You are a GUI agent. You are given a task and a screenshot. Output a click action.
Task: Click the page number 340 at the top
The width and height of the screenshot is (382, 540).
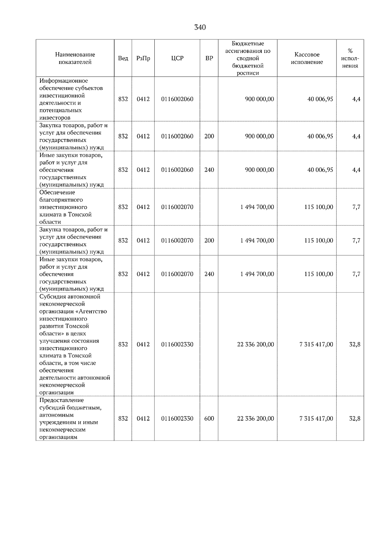[200, 27]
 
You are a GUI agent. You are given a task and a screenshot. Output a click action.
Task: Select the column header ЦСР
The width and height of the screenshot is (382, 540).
[177, 58]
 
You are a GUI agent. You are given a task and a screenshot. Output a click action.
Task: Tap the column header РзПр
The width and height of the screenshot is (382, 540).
[143, 58]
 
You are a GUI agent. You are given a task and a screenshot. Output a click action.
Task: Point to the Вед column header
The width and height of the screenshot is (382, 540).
[123, 58]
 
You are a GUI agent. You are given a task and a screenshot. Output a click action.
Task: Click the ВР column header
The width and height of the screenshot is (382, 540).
[209, 58]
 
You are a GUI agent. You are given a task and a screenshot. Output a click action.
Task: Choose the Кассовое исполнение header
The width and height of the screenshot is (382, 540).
[307, 58]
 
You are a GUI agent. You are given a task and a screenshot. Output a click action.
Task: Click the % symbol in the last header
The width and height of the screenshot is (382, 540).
[350, 51]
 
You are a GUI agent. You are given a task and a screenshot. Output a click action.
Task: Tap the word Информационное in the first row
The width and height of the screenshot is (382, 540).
[63, 81]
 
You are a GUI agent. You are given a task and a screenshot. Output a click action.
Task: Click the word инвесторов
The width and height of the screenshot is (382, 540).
[55, 118]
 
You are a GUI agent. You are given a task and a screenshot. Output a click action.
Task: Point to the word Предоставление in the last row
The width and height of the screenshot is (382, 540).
[61, 400]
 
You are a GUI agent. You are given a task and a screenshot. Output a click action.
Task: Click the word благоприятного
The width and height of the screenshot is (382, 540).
[61, 200]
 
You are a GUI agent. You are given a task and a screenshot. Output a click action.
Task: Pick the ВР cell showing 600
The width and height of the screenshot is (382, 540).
[209, 419]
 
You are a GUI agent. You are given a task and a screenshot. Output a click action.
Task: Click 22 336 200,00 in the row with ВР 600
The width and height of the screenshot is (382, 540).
[255, 419]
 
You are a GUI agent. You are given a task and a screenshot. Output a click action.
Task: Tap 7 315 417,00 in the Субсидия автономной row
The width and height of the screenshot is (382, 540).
[316, 344]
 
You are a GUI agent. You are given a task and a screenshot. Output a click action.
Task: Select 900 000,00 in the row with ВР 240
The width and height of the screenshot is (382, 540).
[259, 170]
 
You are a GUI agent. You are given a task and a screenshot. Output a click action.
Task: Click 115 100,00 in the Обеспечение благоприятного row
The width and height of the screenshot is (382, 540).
[319, 207]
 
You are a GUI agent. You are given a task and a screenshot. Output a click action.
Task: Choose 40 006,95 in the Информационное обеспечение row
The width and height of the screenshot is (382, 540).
[320, 99]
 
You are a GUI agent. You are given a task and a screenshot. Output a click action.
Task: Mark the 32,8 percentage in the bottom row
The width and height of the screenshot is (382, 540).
[355, 419]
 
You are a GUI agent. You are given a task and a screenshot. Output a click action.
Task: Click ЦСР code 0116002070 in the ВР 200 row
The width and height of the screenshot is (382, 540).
[177, 240]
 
